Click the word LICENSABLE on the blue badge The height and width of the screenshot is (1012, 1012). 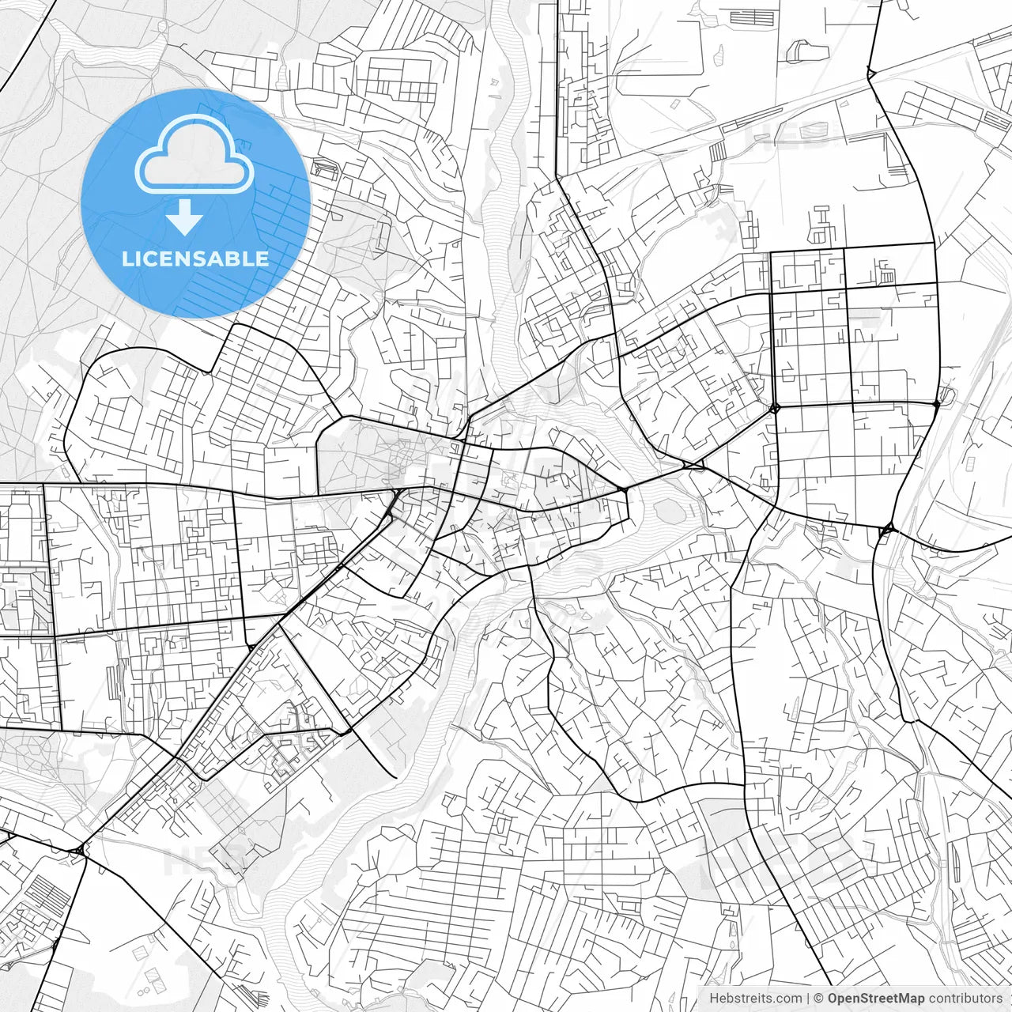click(195, 259)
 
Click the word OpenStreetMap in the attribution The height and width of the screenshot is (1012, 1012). click(876, 999)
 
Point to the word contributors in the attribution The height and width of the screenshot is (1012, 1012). click(965, 999)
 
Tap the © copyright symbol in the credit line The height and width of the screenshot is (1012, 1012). click(819, 999)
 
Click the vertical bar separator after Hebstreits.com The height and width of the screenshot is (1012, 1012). click(808, 999)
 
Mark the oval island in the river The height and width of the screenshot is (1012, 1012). click(670, 511)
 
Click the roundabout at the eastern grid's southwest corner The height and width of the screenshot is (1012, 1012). click(774, 408)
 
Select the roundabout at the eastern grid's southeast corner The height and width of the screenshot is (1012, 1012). click(936, 404)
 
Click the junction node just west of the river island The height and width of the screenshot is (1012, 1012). click(624, 491)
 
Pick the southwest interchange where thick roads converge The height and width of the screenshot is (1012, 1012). click(81, 850)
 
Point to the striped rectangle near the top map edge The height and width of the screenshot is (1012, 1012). click(752, 17)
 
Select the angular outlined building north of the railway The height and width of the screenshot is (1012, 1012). click(806, 51)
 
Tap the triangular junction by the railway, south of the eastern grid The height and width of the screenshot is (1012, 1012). click(887, 528)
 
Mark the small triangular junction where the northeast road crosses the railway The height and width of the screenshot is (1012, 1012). click(870, 74)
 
